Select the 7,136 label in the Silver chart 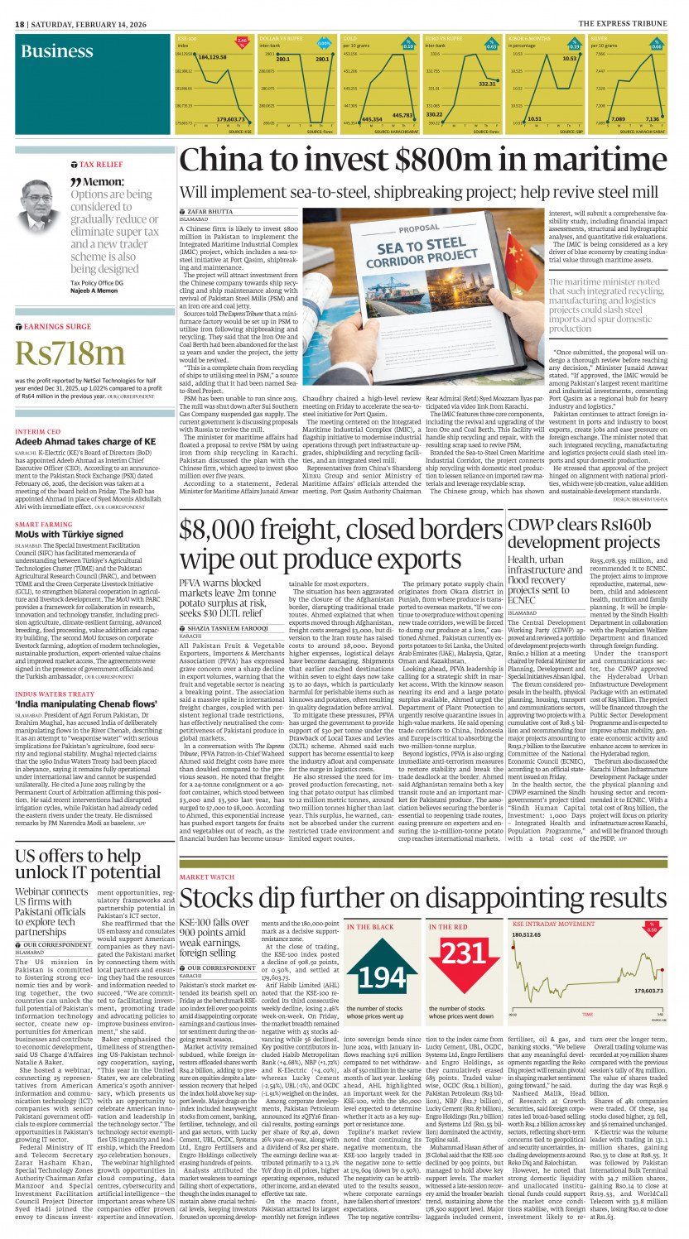click(x=653, y=119)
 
